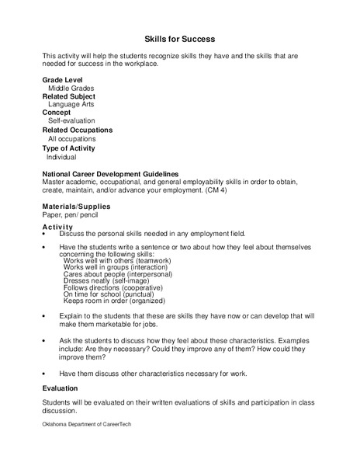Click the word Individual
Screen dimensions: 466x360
(x=62, y=156)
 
